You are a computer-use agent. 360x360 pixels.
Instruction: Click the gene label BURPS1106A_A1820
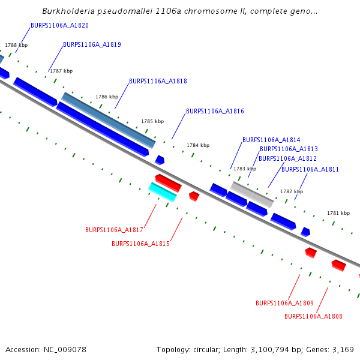tap(59, 26)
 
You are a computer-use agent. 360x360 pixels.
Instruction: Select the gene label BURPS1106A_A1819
tap(92, 45)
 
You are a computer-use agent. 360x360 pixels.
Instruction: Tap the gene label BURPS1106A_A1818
tap(158, 82)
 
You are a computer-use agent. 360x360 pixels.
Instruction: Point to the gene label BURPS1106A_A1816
tap(215, 112)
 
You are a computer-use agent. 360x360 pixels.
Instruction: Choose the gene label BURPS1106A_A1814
tap(271, 140)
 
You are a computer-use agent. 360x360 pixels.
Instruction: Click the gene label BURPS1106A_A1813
tap(289, 149)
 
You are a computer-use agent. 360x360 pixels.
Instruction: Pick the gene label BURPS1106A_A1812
tap(287, 159)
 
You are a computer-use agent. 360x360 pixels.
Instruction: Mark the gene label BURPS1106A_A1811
tap(310, 170)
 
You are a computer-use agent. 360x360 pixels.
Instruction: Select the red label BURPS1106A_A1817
tap(114, 230)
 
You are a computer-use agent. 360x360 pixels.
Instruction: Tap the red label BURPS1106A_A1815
tap(140, 244)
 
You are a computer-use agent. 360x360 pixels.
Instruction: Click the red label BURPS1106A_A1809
tap(284, 304)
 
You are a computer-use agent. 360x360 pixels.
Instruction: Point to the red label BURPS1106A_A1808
tap(313, 317)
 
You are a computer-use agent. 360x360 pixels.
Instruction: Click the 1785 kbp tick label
tap(152, 122)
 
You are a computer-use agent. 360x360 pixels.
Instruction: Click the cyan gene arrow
tap(163, 192)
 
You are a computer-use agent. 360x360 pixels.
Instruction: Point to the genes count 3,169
tap(343, 350)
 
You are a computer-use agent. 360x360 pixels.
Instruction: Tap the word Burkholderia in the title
tap(68, 11)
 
